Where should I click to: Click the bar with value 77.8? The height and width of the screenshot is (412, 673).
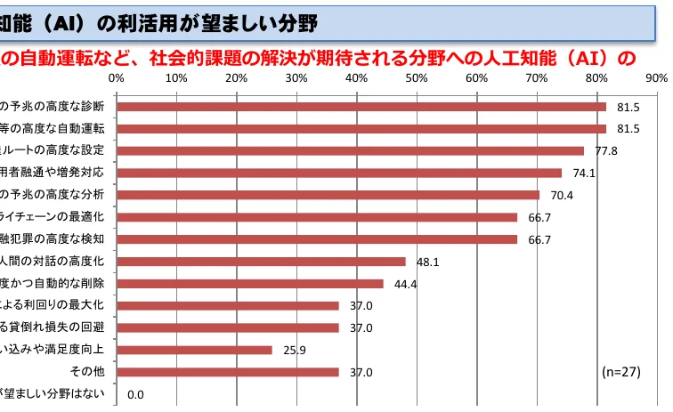point(351,150)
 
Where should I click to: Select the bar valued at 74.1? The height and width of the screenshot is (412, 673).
point(340,173)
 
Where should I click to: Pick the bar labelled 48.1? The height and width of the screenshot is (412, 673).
point(262,262)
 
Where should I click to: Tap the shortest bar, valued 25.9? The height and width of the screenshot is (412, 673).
point(195,350)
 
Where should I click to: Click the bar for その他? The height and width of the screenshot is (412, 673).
point(228,372)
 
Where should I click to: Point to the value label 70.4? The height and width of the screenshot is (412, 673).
point(562,195)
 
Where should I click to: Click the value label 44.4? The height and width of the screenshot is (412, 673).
point(406,284)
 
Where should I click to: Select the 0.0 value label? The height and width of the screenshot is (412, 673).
point(136,394)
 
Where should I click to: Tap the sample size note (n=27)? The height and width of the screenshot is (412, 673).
point(621,372)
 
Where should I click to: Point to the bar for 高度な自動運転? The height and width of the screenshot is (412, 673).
point(361,128)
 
